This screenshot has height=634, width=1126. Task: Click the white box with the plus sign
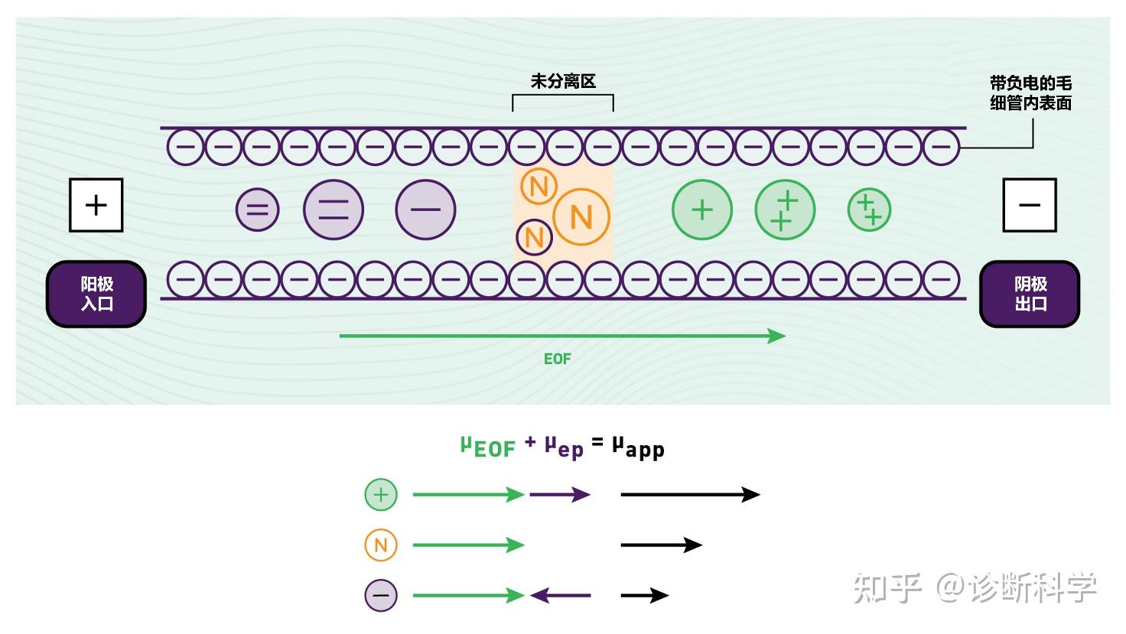click(x=96, y=205)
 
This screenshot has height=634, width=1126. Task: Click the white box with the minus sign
click(x=1030, y=205)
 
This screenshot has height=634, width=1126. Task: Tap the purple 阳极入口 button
click(x=96, y=294)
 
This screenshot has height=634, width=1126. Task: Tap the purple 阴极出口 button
click(x=1030, y=294)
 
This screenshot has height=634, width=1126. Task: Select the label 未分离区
click(x=563, y=81)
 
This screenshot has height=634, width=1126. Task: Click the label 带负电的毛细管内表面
click(x=1030, y=93)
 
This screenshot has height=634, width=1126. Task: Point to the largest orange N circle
click(x=581, y=217)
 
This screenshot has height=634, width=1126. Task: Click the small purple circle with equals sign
click(x=257, y=210)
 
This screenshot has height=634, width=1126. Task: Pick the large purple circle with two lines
click(x=334, y=210)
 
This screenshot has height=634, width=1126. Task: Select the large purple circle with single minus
click(x=425, y=210)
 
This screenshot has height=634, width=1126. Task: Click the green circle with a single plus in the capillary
click(x=702, y=210)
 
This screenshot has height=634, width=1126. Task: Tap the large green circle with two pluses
click(x=785, y=210)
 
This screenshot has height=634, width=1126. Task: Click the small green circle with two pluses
click(x=869, y=210)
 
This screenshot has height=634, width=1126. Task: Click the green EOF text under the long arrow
click(x=558, y=359)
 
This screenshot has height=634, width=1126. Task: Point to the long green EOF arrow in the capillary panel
click(x=562, y=336)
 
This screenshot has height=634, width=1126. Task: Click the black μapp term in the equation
click(x=639, y=447)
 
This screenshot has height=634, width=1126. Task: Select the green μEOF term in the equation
click(x=488, y=447)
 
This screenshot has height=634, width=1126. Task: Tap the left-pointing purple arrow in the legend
click(x=561, y=596)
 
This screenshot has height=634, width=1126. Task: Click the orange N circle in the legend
click(x=380, y=545)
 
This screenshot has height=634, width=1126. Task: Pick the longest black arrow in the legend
click(x=691, y=495)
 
